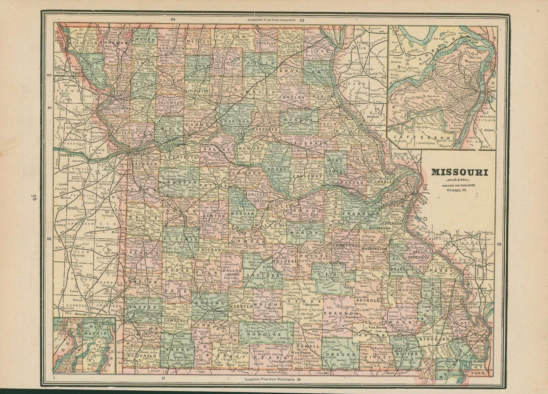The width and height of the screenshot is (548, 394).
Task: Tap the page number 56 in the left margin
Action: point(34,198)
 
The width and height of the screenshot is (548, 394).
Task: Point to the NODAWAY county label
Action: point(110,43)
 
